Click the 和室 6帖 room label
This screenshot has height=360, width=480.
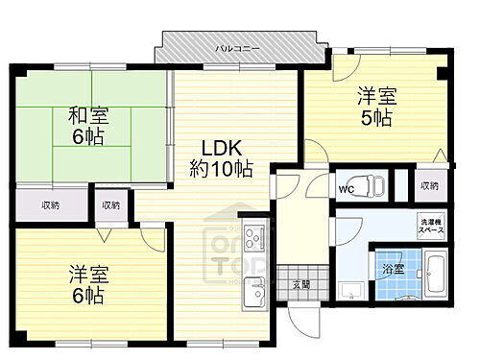[87, 126]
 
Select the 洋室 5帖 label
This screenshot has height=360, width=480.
[375, 107]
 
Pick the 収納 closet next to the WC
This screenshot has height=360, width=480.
[429, 185]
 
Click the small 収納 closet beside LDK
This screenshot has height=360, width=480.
[111, 205]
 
